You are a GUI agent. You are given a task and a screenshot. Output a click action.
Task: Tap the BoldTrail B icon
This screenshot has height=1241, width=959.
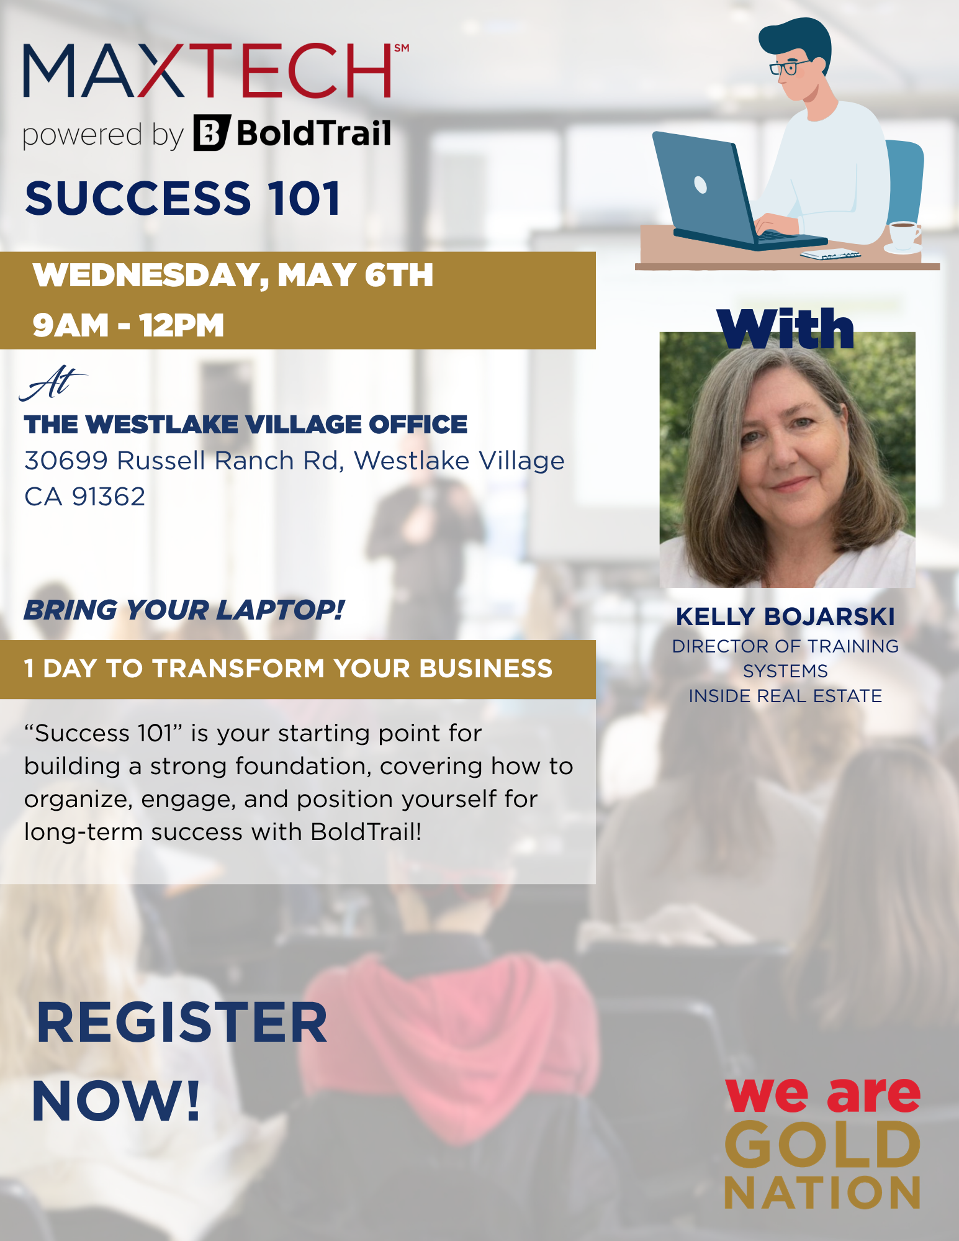[x=212, y=133]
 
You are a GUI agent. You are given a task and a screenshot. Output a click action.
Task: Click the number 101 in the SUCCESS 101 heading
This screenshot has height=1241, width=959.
[x=304, y=199]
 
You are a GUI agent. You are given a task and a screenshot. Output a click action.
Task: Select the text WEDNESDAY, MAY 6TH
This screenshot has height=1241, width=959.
[x=233, y=275]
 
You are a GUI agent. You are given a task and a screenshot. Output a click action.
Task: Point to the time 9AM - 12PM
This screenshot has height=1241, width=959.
[x=128, y=325]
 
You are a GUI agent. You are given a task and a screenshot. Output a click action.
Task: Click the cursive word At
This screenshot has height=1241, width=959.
[x=53, y=383]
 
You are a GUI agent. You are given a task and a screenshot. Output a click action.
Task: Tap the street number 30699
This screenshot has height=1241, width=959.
[x=66, y=461]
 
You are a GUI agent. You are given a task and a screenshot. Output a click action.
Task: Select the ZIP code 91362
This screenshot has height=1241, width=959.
[x=109, y=497]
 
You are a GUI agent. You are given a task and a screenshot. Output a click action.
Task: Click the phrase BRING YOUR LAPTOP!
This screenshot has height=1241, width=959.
[x=184, y=610]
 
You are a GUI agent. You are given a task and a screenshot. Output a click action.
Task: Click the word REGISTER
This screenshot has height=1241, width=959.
[x=181, y=1023]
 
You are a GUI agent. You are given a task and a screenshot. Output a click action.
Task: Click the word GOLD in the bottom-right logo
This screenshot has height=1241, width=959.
[x=822, y=1145]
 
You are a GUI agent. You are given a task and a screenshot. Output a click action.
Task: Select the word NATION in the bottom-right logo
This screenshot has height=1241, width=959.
[x=822, y=1193]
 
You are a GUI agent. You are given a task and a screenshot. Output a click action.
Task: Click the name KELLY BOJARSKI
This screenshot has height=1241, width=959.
[x=785, y=616]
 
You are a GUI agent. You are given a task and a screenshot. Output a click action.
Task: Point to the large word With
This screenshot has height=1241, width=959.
[x=785, y=329]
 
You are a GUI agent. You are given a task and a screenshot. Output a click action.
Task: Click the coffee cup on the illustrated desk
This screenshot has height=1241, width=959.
[x=903, y=235]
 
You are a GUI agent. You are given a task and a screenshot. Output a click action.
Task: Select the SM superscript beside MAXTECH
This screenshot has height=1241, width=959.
[x=402, y=48]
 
